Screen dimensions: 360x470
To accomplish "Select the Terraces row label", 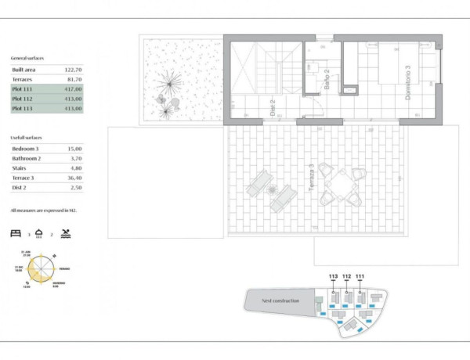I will click(x=23, y=79).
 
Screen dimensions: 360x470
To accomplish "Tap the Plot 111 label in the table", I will click(x=23, y=90).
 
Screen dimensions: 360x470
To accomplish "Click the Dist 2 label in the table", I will click(x=20, y=188).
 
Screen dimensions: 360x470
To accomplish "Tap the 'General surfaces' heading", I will click(x=27, y=59).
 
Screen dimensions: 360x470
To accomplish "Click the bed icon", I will click(x=16, y=233).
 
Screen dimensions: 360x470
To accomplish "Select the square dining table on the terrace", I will click(x=339, y=185).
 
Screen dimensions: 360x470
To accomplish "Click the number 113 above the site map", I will click(x=334, y=277).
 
